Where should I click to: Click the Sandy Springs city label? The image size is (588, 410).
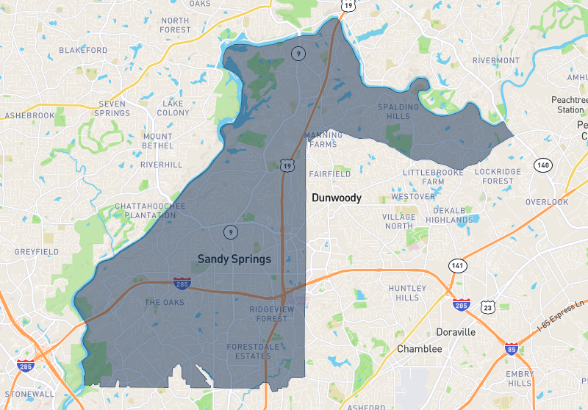pyautogui.click(x=234, y=259)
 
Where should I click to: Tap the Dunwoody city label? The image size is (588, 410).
pyautogui.click(x=337, y=198)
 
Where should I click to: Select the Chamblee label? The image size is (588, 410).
pyautogui.click(x=419, y=349)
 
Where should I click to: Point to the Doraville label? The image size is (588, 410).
pyautogui.click(x=456, y=332)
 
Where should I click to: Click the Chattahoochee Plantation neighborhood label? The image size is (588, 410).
pyautogui.click(x=145, y=211)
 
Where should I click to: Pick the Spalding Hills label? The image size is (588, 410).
pyautogui.click(x=398, y=112)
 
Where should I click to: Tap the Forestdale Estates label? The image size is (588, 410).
pyautogui.click(x=249, y=351)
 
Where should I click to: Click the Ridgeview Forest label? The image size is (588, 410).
pyautogui.click(x=268, y=314)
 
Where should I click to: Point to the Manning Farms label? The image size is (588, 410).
pyautogui.click(x=323, y=140)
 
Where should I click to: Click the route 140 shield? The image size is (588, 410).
pyautogui.click(x=542, y=165)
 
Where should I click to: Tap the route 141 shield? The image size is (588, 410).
pyautogui.click(x=457, y=265)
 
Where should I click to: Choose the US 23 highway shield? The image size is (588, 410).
pyautogui.click(x=487, y=309)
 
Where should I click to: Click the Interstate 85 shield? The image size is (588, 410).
pyautogui.click(x=511, y=350)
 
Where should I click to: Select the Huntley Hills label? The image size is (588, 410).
pyautogui.click(x=407, y=292)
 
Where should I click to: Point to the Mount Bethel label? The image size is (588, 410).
pyautogui.click(x=158, y=141)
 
